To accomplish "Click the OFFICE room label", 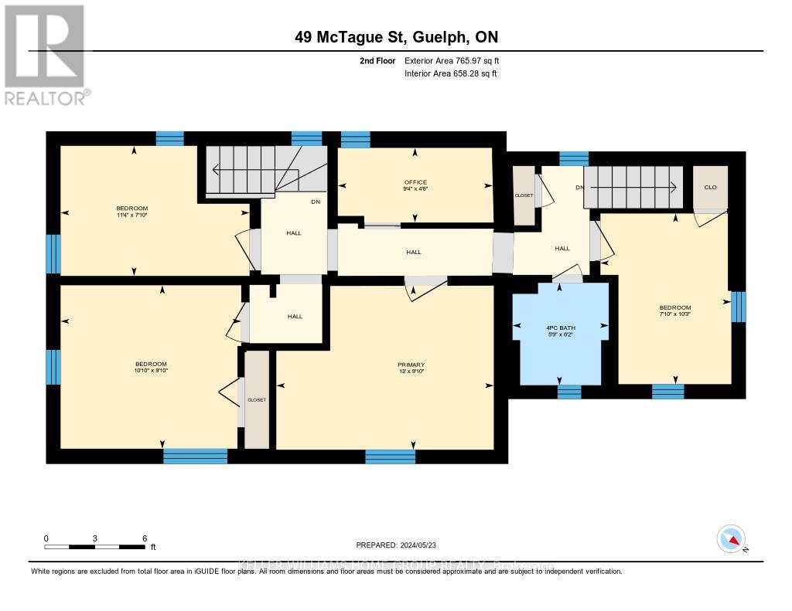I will pos(415,182).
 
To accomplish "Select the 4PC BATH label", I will pos(561,328).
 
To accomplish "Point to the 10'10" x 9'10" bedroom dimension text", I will pos(151,371).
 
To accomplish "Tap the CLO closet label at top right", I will pos(710,186).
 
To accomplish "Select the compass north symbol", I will pos(731,538).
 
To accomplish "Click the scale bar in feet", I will pos(94,546).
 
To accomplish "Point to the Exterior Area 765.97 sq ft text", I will pos(456,60).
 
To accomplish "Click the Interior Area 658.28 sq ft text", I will pos(450,73).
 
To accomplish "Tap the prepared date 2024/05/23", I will pos(396,544).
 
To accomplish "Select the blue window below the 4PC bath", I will pos(569,392).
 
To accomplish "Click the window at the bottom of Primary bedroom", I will pos(390,457).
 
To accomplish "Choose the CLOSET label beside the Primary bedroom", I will pos(256,399).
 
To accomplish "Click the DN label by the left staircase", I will pos(315,202).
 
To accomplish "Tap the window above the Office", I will pos(355,139).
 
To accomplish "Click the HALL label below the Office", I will pos(415,252).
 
